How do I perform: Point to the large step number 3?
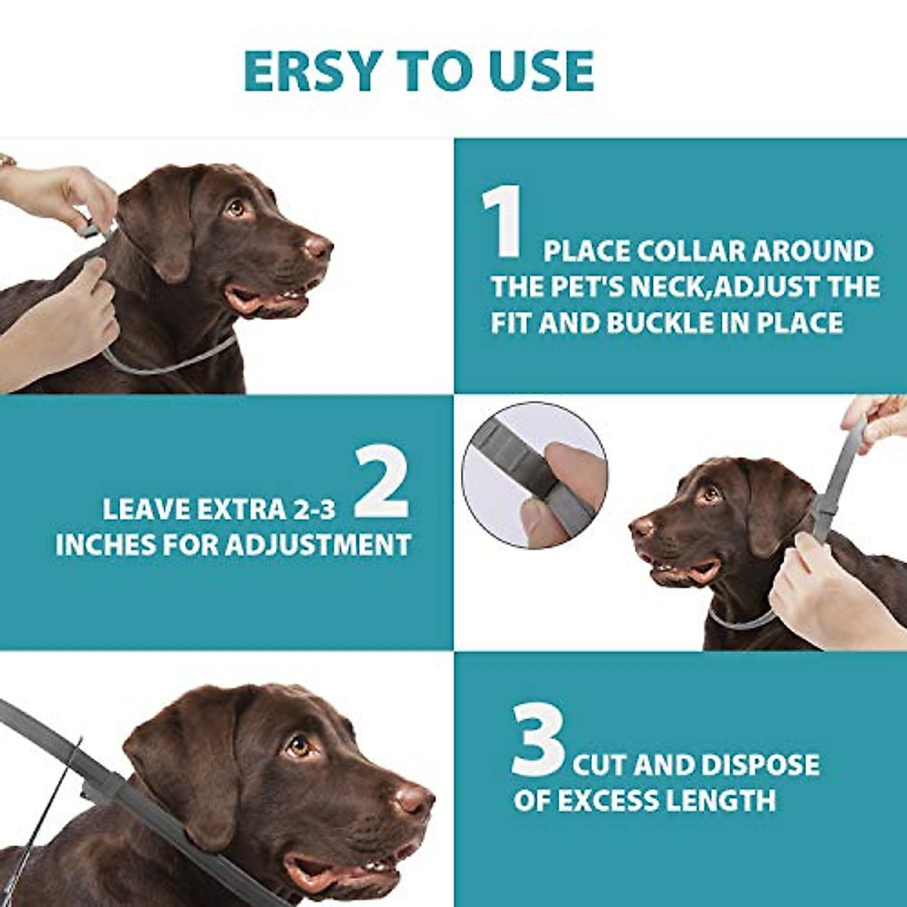pyautogui.click(x=537, y=741)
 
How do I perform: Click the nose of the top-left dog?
pyautogui.click(x=318, y=246)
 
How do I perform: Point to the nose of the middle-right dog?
pyautogui.click(x=642, y=526)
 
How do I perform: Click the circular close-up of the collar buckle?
pyautogui.click(x=534, y=475)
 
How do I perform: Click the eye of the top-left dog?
pyautogui.click(x=236, y=207)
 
